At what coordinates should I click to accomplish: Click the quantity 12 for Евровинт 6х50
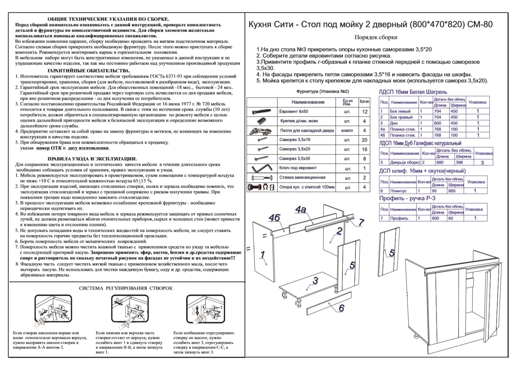364,112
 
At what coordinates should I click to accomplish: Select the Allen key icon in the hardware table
261,169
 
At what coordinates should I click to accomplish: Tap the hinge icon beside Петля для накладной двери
261,131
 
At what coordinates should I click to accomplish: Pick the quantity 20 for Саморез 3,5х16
364,140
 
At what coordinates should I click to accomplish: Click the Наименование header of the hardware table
308,102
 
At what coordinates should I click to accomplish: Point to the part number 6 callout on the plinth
341,308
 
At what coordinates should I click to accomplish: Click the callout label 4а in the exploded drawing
301,209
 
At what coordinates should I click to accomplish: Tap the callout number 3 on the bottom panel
315,281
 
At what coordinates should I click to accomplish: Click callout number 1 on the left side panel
263,255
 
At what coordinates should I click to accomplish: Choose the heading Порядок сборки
376,37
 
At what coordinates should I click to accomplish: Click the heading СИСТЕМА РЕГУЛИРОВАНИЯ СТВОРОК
126,288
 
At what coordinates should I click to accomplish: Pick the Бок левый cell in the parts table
400,111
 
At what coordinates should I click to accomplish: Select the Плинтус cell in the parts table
398,191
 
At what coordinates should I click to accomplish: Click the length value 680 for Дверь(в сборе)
440,162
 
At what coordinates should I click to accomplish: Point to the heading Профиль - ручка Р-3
407,198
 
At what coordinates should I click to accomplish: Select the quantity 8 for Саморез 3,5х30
364,159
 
